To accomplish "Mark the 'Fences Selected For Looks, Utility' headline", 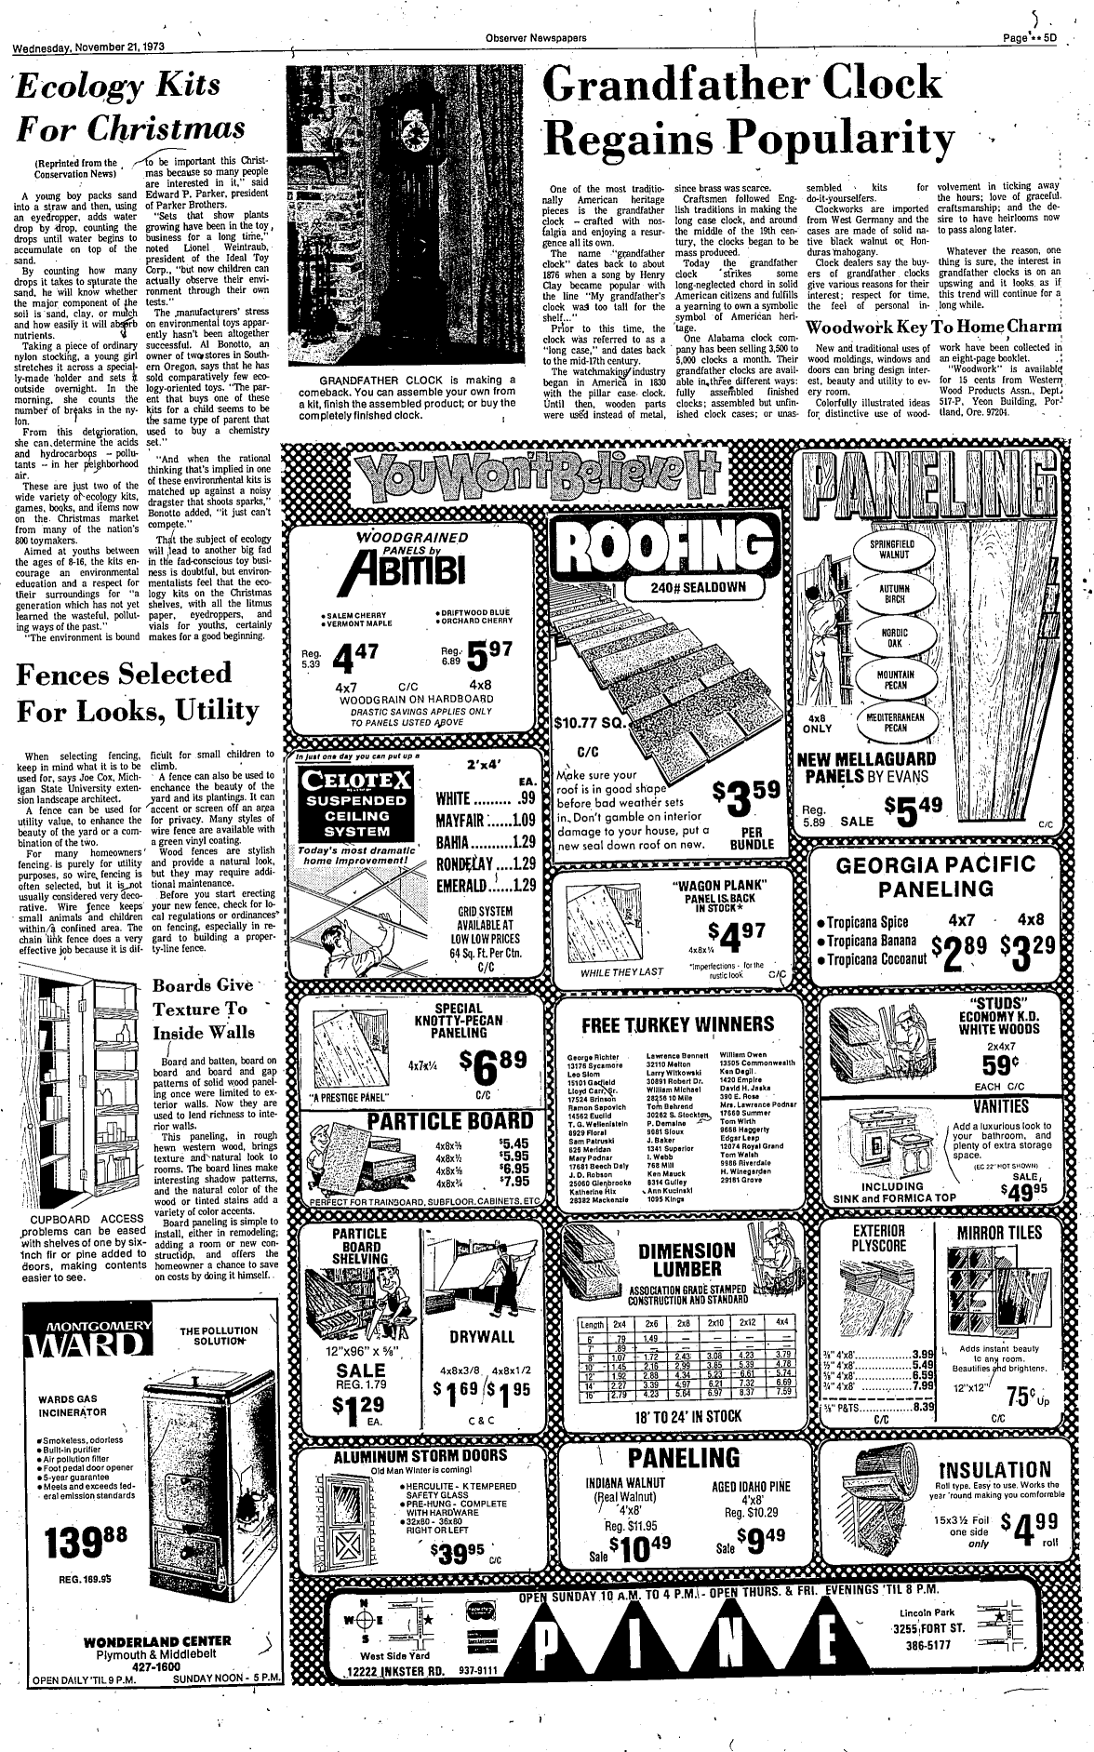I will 138,689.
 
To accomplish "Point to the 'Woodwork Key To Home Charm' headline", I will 933,327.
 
